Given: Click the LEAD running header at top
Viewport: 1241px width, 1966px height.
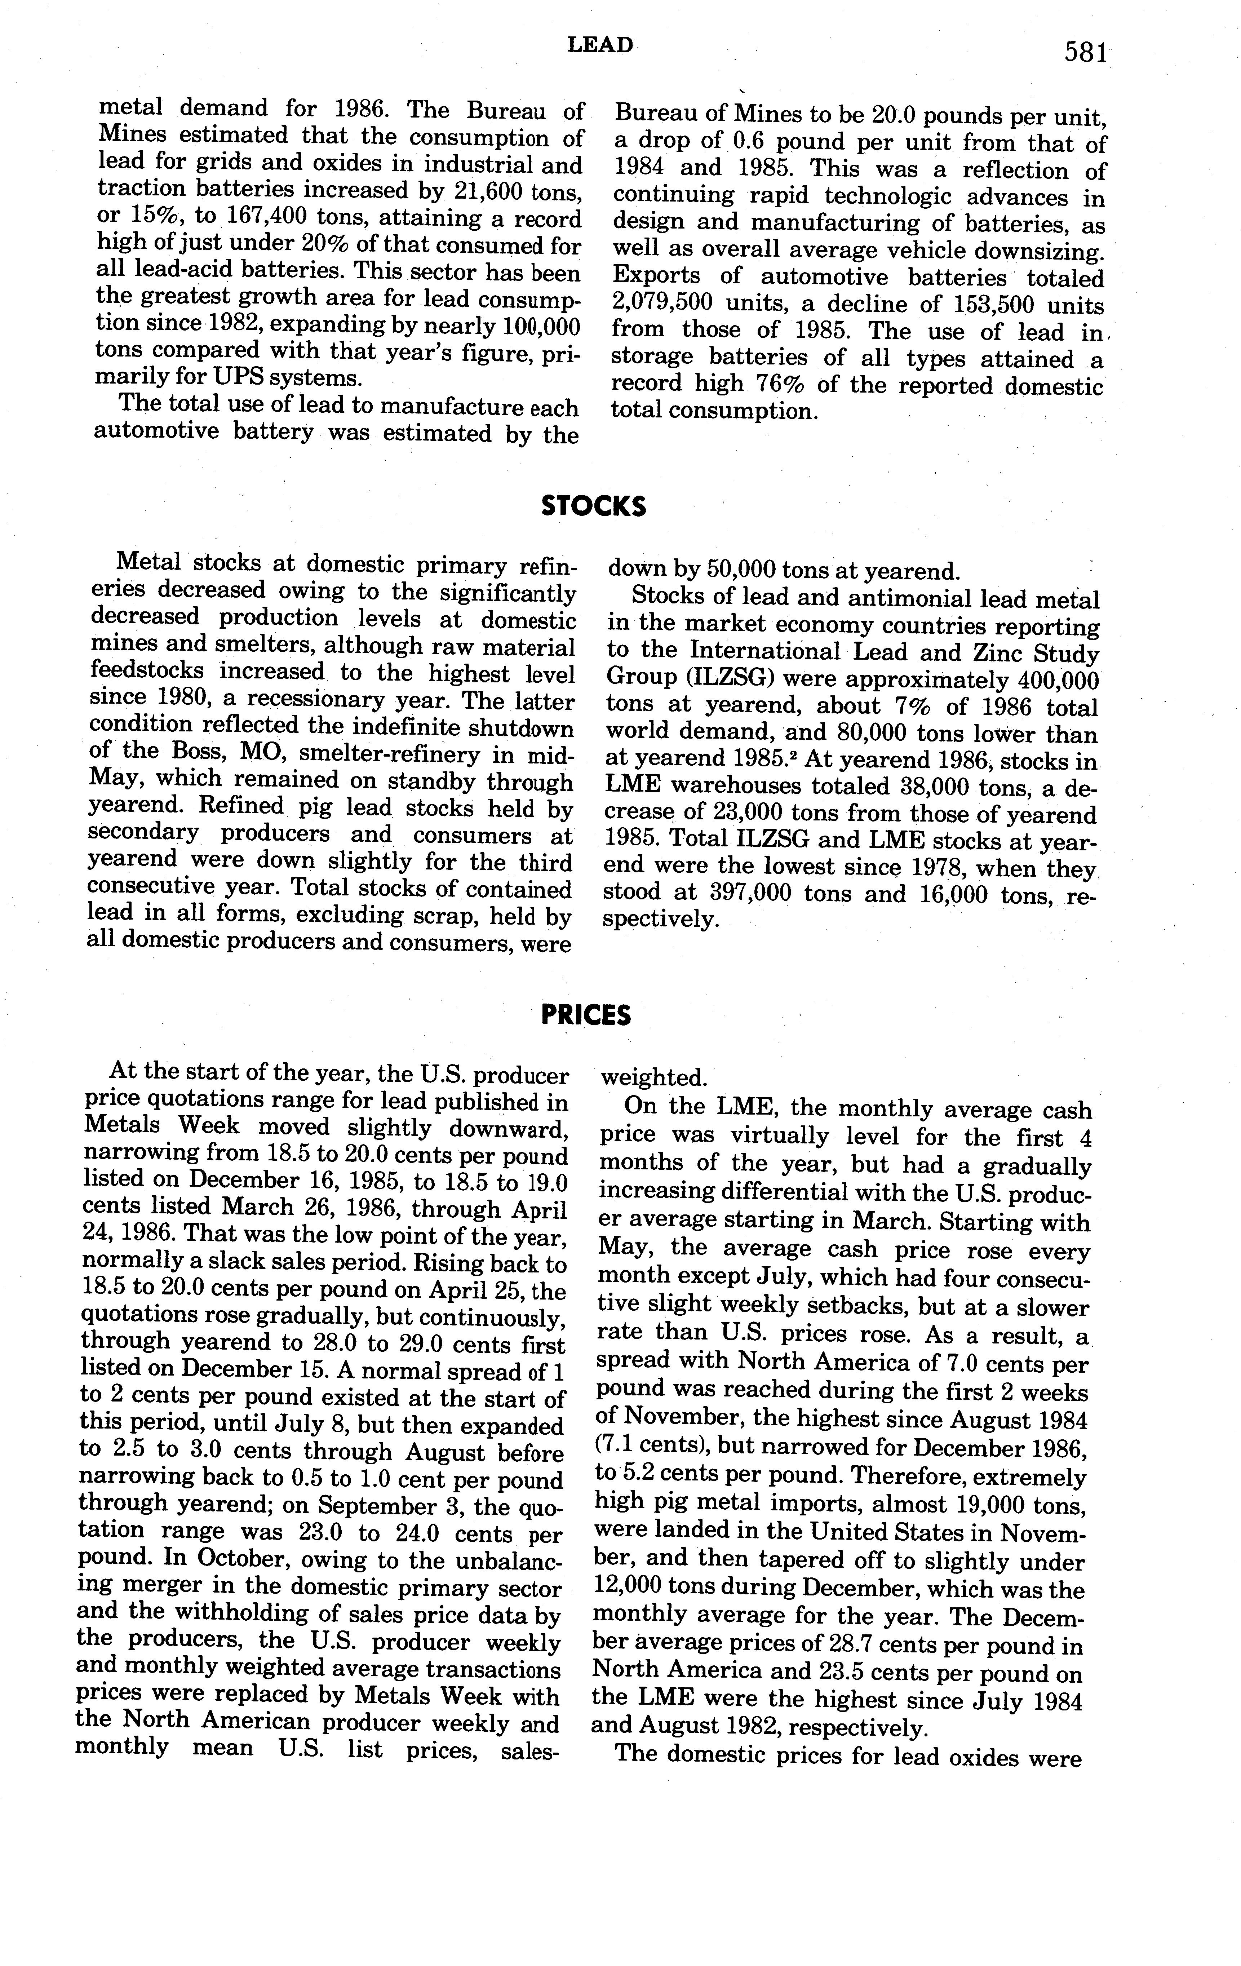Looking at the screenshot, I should [600, 46].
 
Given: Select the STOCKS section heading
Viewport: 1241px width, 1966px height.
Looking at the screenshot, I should [594, 507].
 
